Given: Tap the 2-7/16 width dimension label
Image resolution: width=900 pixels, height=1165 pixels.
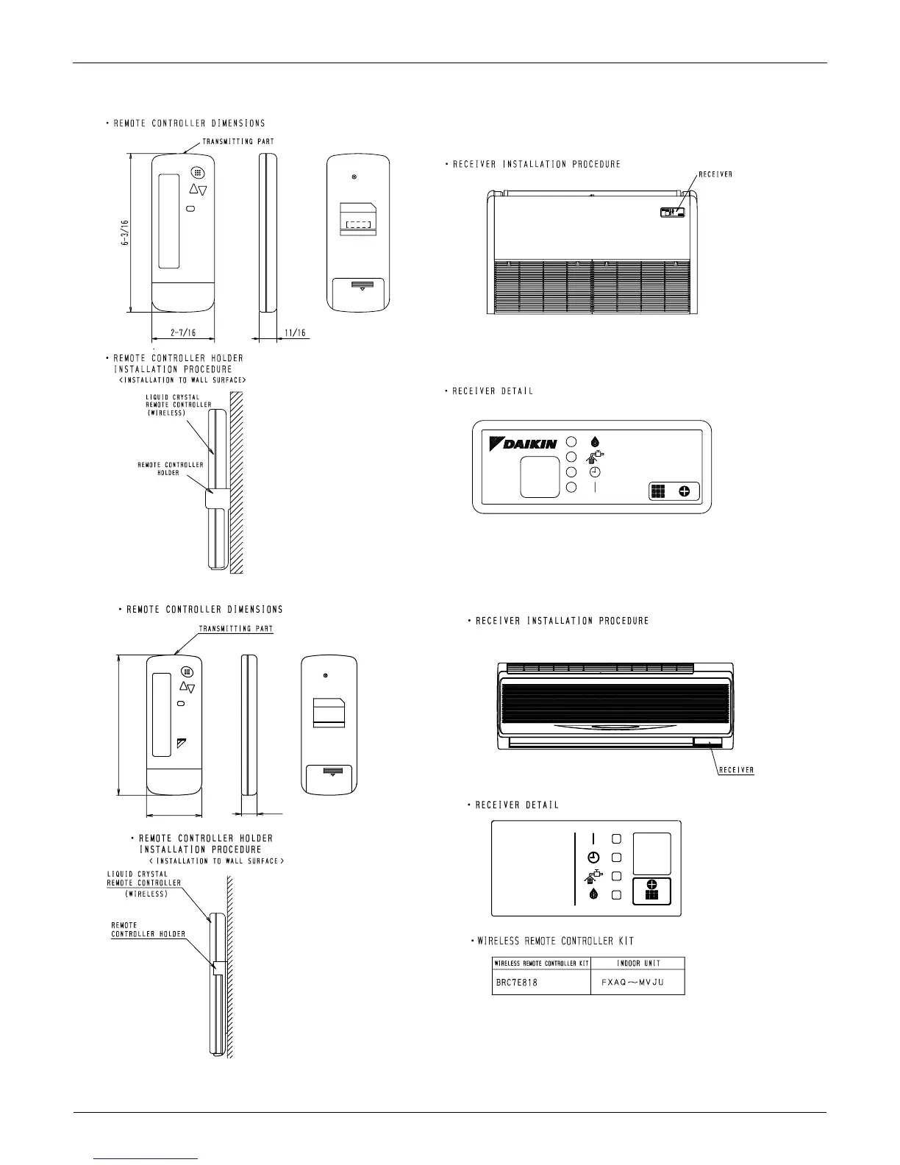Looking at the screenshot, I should (x=182, y=332).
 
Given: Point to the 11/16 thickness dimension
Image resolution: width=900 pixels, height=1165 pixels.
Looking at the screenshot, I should (x=295, y=332).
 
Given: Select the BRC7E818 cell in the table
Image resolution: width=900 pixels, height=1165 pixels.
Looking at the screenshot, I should (x=515, y=983).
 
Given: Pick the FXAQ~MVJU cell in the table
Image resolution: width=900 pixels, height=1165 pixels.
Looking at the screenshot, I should (x=637, y=983).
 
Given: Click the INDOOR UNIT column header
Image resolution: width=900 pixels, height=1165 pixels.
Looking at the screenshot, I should (x=637, y=963).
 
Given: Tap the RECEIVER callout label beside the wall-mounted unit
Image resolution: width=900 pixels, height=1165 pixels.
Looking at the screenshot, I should (x=736, y=770).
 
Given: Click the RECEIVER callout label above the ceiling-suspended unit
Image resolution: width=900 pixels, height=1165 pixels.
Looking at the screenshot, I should (x=714, y=174).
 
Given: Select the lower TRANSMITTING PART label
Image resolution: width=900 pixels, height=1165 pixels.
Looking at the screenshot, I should (x=236, y=629).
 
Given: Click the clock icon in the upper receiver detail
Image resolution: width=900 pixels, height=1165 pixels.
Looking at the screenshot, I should (x=594, y=472).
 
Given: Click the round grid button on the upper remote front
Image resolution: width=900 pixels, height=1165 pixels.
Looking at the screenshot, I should (x=196, y=173).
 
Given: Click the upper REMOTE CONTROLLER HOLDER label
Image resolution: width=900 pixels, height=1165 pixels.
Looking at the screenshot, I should (x=171, y=469).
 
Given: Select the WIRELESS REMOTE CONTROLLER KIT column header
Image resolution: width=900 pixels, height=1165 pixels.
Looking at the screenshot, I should (x=540, y=963).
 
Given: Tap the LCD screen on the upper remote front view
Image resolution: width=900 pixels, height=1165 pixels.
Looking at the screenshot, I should (x=168, y=221).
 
